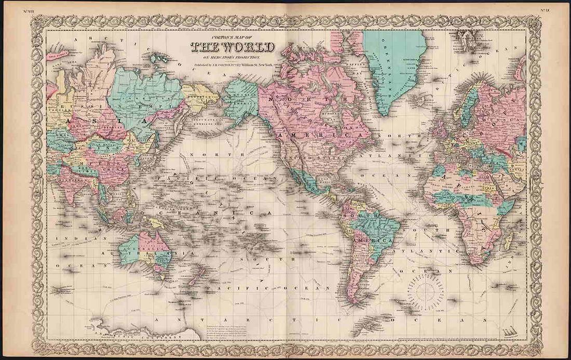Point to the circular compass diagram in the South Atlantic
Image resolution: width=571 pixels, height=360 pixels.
426,291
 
